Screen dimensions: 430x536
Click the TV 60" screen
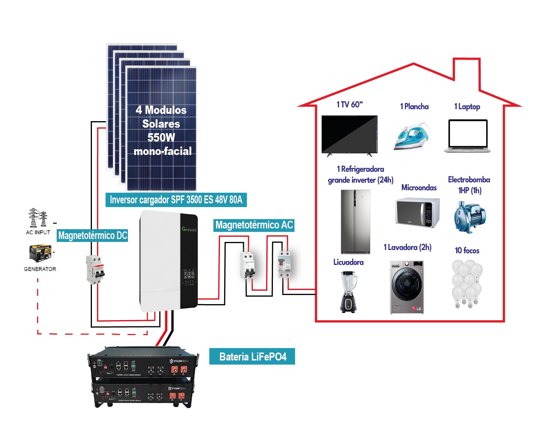pyautogui.click(x=349, y=134)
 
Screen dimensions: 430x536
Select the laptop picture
pyautogui.click(x=467, y=136)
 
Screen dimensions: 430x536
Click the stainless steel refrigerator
pyautogui.click(x=355, y=222)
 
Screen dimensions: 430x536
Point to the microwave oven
pyautogui.click(x=417, y=212)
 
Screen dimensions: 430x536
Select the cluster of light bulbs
pyautogui.click(x=467, y=284)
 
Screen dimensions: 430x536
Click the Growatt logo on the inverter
pyautogui.click(x=189, y=229)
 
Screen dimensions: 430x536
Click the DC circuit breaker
pyautogui.click(x=95, y=270)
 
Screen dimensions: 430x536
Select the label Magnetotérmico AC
pyautogui.click(x=254, y=225)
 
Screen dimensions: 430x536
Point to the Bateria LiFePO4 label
pyautogui.click(x=252, y=357)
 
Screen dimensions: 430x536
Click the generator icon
pyautogui.click(x=40, y=253)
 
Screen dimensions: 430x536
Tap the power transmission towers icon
pyautogui.click(x=38, y=218)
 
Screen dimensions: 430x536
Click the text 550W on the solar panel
pyautogui.click(x=161, y=138)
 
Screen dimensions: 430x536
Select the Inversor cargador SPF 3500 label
pyautogui.click(x=176, y=200)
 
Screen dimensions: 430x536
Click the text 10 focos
pyautogui.click(x=467, y=250)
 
